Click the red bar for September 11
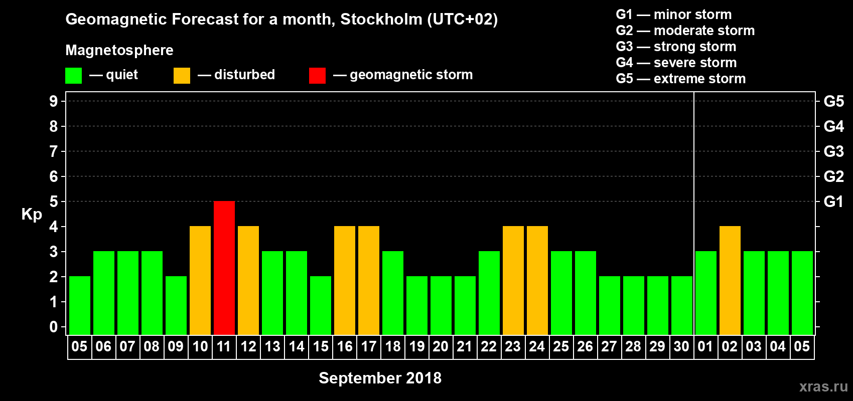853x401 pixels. (x=224, y=268)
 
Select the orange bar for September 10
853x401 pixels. (x=200, y=280)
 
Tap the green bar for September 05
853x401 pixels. (x=80, y=305)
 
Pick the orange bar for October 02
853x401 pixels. (x=730, y=280)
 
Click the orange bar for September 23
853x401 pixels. (x=513, y=280)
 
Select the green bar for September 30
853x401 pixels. (x=682, y=305)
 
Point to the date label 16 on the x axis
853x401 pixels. (x=345, y=346)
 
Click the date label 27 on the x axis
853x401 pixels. (x=609, y=346)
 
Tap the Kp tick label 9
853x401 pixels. (x=54, y=101)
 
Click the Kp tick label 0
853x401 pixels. (x=54, y=327)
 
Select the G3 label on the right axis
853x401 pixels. (x=833, y=151)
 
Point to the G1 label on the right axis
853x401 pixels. (x=833, y=202)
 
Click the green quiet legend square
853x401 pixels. (x=74, y=76)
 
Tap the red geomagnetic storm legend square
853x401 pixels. (x=317, y=76)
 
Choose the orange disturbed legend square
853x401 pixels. (x=182, y=76)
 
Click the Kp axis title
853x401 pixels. (x=32, y=214)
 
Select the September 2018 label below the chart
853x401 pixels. (x=380, y=378)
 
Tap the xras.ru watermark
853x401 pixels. (x=823, y=386)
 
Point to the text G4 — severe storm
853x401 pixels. (x=676, y=63)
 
